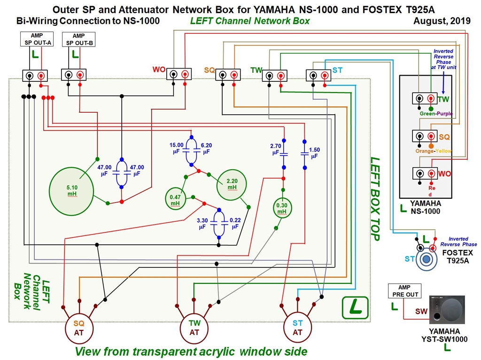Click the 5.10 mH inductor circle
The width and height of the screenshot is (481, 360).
pyautogui.click(x=72, y=190)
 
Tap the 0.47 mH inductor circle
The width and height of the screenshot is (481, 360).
pyautogui.click(x=175, y=200)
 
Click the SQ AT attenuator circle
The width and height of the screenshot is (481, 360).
pyautogui.click(x=78, y=327)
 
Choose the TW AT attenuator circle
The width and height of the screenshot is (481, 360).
pyautogui.click(x=194, y=328)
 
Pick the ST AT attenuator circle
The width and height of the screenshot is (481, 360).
pyautogui.click(x=297, y=328)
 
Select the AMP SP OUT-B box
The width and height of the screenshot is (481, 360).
pyautogui.click(x=79, y=39)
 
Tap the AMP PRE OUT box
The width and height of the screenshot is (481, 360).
pyautogui.click(x=404, y=291)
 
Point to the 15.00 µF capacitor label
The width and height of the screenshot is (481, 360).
pyautogui.click(x=177, y=149)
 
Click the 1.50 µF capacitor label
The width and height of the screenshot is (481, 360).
pyautogui.click(x=314, y=152)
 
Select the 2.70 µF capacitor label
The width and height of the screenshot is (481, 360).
pyautogui.click(x=275, y=149)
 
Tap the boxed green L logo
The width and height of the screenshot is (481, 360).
pyautogui.click(x=355, y=307)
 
